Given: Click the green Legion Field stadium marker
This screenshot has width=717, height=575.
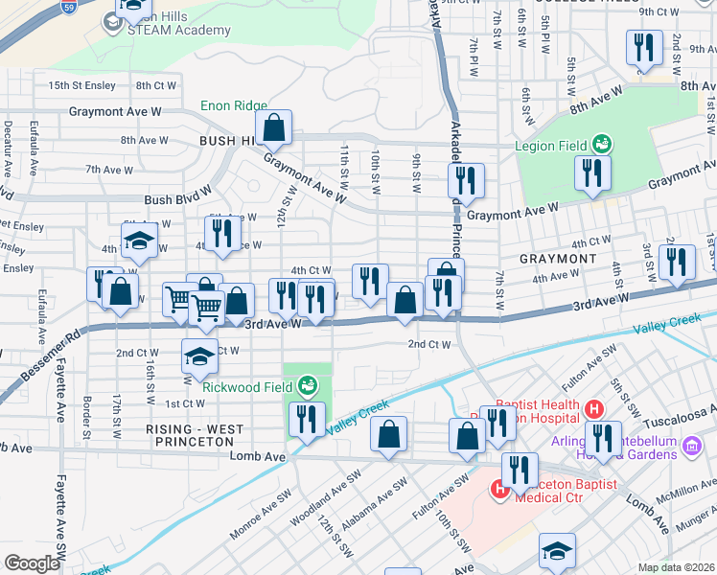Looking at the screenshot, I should (x=602, y=145).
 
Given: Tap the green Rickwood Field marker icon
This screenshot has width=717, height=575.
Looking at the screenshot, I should (x=307, y=386).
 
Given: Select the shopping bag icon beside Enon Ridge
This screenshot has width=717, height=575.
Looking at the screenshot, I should (x=273, y=126).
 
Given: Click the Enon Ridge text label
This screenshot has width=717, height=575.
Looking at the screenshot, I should (x=233, y=105).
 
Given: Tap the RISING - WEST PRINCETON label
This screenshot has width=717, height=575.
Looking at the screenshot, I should (x=190, y=434).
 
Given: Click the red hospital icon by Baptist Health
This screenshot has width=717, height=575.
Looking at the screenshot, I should (x=593, y=409).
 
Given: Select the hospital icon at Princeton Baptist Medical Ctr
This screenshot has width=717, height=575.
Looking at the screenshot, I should (x=499, y=489).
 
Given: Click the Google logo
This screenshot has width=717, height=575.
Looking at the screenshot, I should (x=32, y=563).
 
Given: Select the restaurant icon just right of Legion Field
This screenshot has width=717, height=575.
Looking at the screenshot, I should (x=591, y=173).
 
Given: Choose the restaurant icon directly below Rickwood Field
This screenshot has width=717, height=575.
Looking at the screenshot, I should (x=306, y=420).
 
